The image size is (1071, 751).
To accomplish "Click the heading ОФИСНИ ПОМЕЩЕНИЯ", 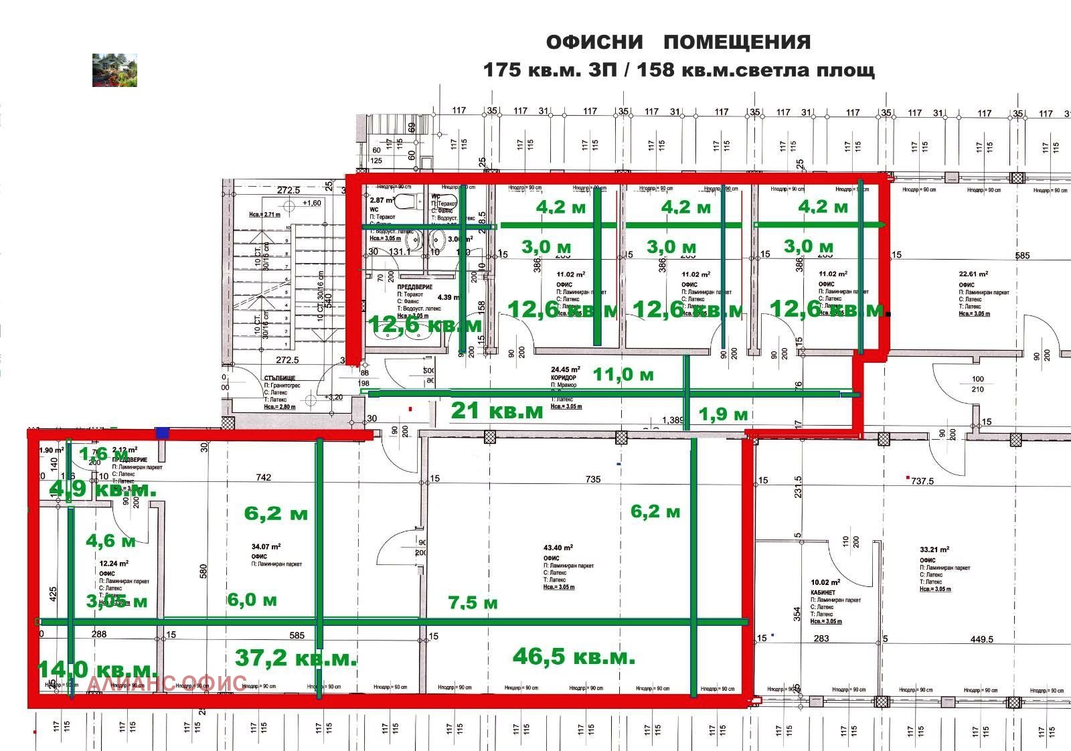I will tap(678, 42).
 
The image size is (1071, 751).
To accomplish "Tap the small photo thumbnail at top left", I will tap(114, 70).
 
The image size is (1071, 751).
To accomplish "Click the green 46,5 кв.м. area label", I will tap(574, 657).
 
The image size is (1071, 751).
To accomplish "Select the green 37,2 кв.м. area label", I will tap(296, 658).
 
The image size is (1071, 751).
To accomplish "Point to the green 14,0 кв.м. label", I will tap(97, 669).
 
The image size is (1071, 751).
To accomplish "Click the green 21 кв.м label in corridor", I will tap(497, 410).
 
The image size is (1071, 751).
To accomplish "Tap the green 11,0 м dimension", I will tap(623, 374).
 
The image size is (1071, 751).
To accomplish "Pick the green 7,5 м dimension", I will tap(473, 602).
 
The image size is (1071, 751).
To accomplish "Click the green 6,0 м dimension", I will tap(252, 600).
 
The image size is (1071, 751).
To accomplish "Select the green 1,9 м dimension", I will tap(723, 414).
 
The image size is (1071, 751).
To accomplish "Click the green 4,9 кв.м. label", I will tap(102, 489).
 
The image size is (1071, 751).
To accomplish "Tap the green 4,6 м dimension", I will tap(110, 539).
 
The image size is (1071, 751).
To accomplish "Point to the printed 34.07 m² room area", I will tap(266, 546).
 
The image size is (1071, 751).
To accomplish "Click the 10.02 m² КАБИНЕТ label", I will tap(825, 582).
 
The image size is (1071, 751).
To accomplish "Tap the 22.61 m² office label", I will tap(974, 274).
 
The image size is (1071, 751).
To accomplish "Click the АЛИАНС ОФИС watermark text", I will tap(167, 683).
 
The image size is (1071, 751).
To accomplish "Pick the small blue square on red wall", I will tap(162, 432).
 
